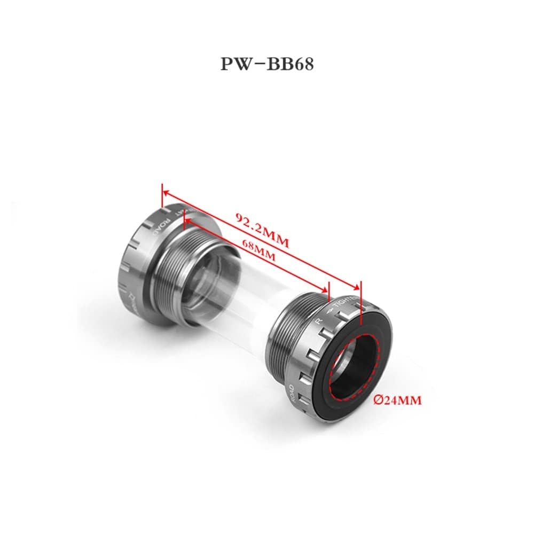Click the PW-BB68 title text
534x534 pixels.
(x=267, y=64)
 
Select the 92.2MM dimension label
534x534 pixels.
(x=262, y=230)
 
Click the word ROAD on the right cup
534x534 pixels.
(x=291, y=395)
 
